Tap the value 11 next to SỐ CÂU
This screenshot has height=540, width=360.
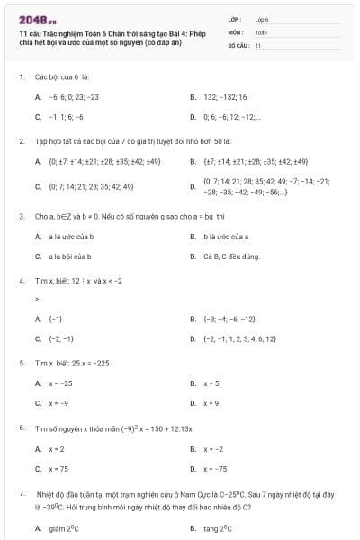(x=257, y=44)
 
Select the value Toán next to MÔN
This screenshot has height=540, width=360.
(x=260, y=31)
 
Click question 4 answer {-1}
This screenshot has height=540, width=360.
(x=55, y=319)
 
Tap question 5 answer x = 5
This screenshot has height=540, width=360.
(x=211, y=382)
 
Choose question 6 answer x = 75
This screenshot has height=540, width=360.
(x=58, y=468)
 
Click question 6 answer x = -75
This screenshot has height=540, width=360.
(x=215, y=468)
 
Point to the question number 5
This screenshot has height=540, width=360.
(x=21, y=363)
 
